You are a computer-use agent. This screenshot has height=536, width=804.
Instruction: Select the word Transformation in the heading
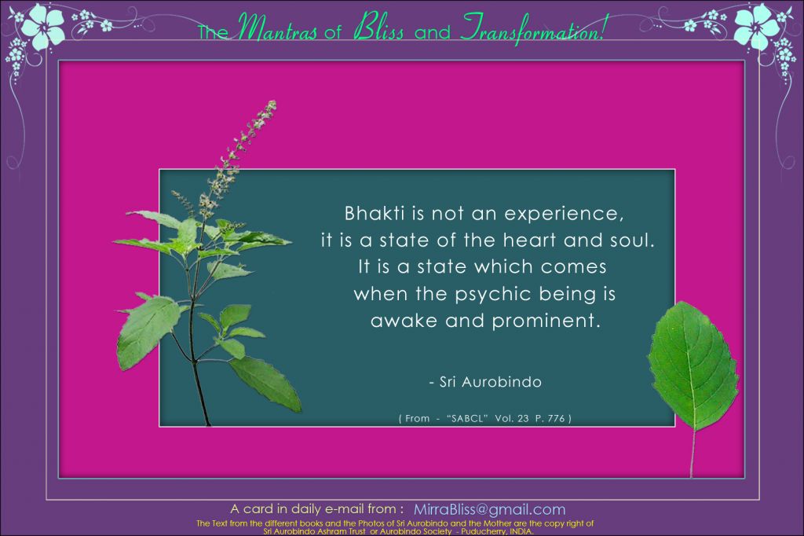533,29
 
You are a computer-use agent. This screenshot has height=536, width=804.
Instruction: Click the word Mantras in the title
277,28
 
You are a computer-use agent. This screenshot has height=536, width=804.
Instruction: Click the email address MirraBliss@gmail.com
490,509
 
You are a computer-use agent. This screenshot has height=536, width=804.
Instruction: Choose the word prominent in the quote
546,321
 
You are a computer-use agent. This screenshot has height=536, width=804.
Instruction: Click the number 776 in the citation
557,418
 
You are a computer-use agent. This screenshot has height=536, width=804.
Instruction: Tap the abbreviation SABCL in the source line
466,418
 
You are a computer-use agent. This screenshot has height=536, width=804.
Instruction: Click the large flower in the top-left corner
43,24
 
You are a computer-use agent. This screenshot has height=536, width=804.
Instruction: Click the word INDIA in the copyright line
521,532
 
